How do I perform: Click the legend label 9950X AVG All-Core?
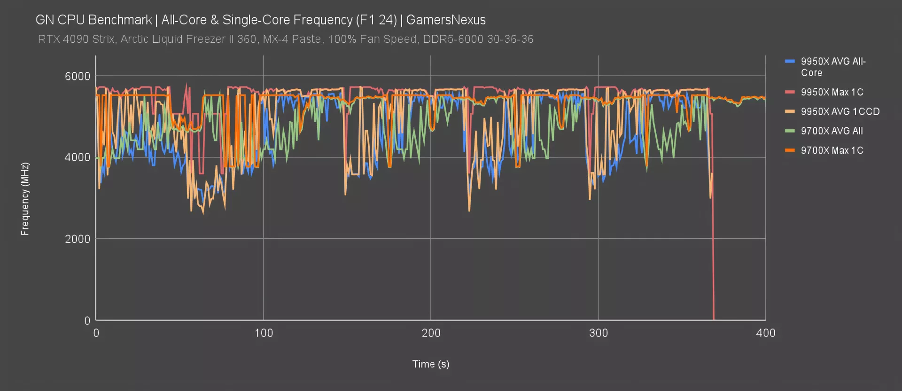pos(833,67)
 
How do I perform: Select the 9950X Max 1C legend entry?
pos(832,92)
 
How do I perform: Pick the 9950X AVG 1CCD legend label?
pos(840,111)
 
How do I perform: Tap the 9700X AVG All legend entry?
pos(832,131)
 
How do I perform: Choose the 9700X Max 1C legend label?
pos(832,150)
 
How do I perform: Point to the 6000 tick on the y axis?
pos(78,76)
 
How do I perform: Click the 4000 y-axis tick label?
pos(78,157)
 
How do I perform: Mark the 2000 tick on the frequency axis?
pos(78,239)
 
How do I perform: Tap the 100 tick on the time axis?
pos(264,333)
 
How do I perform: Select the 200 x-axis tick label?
pos(431,333)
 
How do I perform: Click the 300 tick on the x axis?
pos(599,333)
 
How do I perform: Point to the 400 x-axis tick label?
pos(766,333)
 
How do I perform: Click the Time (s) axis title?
pos(431,364)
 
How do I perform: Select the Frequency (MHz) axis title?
pos(25,199)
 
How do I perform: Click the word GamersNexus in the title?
pos(446,20)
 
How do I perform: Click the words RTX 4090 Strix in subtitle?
pos(76,39)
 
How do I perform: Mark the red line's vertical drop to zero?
pos(713,263)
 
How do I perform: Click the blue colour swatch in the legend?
pos(790,62)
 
